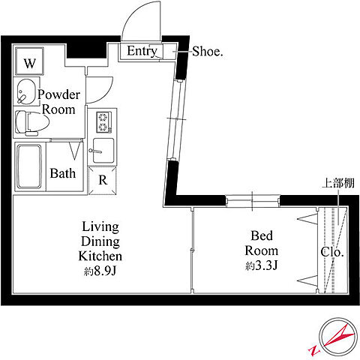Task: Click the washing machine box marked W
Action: [x=29, y=61]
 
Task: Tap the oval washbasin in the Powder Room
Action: [x=26, y=92]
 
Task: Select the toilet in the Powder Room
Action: [x=31, y=123]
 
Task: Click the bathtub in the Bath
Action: [x=28, y=166]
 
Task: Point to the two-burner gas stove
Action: [x=103, y=122]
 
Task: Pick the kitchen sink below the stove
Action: [x=103, y=151]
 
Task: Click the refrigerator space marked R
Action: [x=103, y=180]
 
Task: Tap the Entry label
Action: [x=142, y=52]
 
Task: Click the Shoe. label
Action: [x=208, y=52]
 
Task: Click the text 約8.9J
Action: [x=100, y=271]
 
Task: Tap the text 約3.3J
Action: [x=262, y=265]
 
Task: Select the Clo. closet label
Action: [x=332, y=252]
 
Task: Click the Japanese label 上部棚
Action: [x=337, y=183]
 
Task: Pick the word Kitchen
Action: [x=100, y=256]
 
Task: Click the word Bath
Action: [x=63, y=173]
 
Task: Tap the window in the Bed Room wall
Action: [x=253, y=201]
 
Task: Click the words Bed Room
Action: [x=262, y=243]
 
